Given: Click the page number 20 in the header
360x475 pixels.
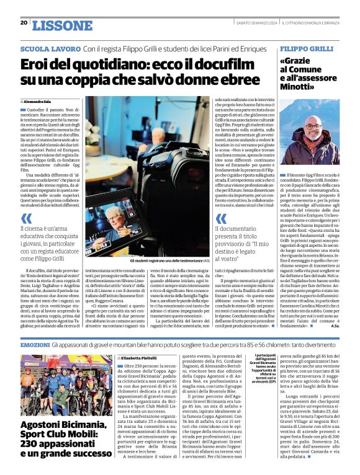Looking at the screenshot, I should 24,23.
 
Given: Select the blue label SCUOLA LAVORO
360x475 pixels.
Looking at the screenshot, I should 50,48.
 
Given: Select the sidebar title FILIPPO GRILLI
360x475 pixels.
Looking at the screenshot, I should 307,48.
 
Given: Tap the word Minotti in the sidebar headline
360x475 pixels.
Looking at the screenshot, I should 301,87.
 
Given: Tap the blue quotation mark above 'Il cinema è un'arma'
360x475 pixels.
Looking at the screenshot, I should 26,218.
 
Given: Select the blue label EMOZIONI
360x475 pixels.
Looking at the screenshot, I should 35,344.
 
